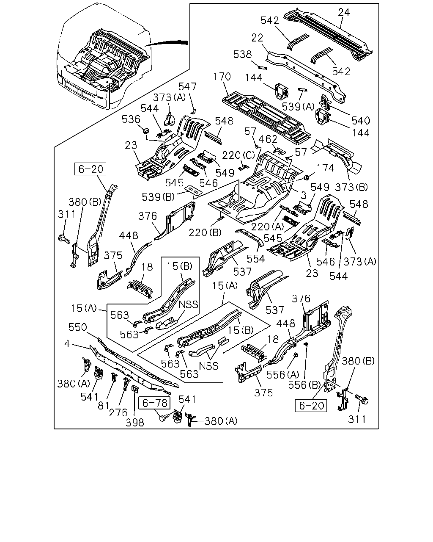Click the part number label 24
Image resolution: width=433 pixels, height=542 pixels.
(344, 13)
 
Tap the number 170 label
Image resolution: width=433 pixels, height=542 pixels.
(222, 77)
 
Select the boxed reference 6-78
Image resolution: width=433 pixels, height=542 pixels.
(155, 403)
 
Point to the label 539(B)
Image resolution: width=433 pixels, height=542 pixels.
(158, 197)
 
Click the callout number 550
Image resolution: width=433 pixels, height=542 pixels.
(77, 327)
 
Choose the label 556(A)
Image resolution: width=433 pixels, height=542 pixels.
(282, 375)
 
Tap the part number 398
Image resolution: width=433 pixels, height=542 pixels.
(134, 423)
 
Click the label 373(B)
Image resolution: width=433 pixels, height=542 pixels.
(351, 187)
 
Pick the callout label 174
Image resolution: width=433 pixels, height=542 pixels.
(325, 168)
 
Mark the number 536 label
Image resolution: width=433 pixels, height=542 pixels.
(131, 119)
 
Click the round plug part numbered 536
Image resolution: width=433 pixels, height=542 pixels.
(146, 131)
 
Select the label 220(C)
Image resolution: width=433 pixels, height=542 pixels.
(238, 155)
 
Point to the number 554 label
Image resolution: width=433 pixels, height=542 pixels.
(256, 259)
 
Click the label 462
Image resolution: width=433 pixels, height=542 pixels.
(268, 139)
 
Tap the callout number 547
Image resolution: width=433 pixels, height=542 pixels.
(187, 87)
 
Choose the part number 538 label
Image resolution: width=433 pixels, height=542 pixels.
(242, 54)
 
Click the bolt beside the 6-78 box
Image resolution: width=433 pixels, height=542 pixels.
(164, 418)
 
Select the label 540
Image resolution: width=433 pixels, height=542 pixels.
(361, 121)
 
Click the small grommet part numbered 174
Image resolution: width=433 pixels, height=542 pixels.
(306, 177)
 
